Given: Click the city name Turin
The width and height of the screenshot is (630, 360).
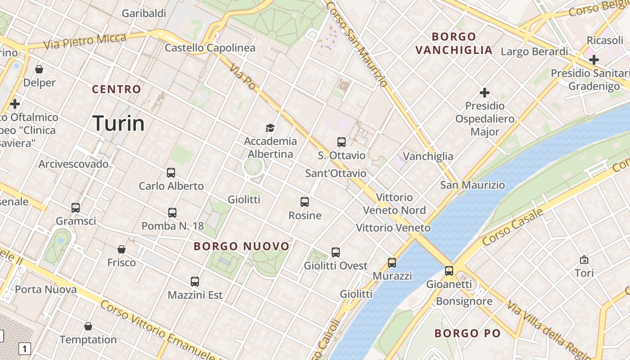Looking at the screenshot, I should (118, 123).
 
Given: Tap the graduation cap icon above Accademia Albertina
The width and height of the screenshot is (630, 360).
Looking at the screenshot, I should (270, 128).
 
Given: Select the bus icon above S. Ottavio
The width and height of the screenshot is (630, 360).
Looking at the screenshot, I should (342, 142).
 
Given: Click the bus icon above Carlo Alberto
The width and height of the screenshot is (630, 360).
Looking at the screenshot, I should (171, 173).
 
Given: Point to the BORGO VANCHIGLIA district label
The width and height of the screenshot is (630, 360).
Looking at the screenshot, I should (454, 43).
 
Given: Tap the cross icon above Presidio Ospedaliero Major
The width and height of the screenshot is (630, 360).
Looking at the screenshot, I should (485, 93).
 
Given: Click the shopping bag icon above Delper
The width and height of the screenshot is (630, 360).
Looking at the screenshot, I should (39, 69).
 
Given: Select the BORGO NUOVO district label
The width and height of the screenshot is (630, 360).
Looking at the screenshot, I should (242, 246).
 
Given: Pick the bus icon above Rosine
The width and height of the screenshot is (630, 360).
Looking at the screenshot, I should (305, 202).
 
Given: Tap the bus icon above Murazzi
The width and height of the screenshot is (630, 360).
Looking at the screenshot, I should (392, 263).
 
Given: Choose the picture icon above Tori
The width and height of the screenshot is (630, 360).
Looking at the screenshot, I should (584, 260).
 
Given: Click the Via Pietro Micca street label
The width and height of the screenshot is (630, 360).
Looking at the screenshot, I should (85, 41).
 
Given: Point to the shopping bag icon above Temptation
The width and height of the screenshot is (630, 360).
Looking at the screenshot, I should (88, 326).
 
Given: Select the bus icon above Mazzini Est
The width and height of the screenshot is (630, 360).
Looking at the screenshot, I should (195, 282).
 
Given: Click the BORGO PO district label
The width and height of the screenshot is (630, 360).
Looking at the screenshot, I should (468, 333).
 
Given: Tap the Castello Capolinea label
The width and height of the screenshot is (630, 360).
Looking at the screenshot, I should (210, 48).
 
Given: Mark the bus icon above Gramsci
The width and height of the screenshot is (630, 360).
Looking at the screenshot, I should (76, 208).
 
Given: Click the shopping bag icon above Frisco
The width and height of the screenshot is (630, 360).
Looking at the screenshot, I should (121, 249).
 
